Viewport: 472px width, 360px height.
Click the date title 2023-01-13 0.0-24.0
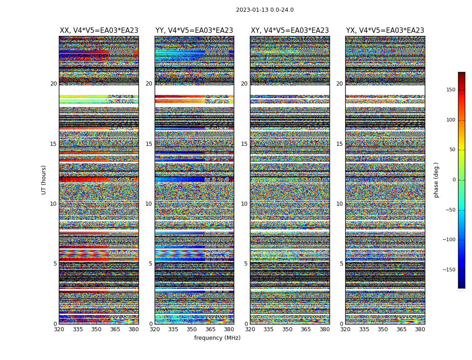265,10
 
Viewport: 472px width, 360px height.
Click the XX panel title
99,31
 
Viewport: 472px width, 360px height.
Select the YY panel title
194,31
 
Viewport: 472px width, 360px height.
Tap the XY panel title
290,31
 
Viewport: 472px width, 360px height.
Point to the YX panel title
385,31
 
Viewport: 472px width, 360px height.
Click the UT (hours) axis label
44,180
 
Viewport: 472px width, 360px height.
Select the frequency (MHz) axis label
217,338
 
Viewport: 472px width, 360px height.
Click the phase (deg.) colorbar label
436,180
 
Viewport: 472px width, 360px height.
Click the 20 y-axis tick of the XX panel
53,84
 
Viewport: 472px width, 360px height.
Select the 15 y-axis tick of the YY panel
149,144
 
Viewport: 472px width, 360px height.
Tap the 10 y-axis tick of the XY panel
244,204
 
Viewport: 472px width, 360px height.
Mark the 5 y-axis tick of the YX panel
341,264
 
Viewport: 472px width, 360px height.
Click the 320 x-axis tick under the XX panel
59,329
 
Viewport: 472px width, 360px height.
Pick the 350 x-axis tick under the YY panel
192,329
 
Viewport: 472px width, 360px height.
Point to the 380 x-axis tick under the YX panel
420,329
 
